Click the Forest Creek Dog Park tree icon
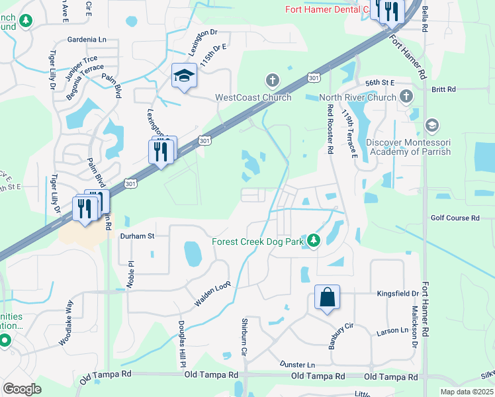tap(314, 241)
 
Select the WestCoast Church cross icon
tap(271, 81)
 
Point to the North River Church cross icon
tap(406, 97)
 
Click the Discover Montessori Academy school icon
tap(431, 126)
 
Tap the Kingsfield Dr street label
tap(398, 292)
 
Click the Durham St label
tap(137, 236)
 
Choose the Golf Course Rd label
tap(455, 218)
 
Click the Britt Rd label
tap(443, 89)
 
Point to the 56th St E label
tap(380, 82)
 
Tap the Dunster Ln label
tap(296, 365)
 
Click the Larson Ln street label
tap(392, 330)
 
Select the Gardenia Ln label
tap(86, 40)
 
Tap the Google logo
tap(22, 388)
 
